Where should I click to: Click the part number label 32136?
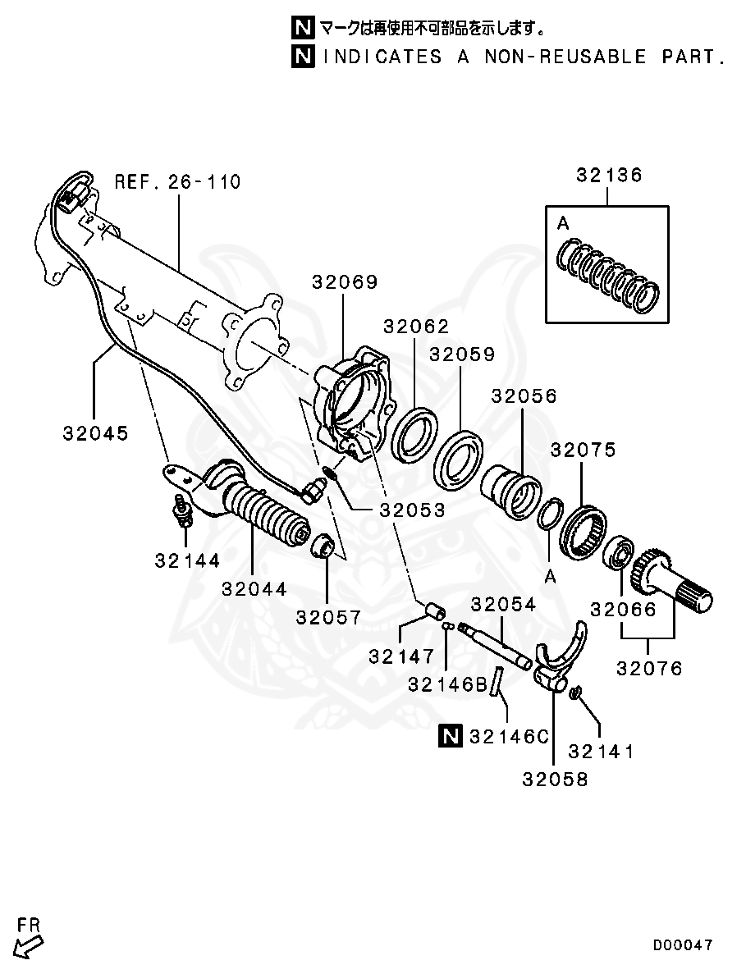point(608,176)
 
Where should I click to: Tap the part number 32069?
point(344,282)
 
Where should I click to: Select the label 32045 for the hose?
point(96,432)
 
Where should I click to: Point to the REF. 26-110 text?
point(177,181)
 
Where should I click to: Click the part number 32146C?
point(508,737)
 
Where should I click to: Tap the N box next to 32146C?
point(451,736)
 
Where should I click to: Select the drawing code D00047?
point(683,945)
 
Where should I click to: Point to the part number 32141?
point(601,751)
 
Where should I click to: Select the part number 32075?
point(583,450)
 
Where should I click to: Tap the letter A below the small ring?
point(550,577)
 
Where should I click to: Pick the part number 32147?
point(400,656)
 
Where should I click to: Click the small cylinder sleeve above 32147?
point(434,612)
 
